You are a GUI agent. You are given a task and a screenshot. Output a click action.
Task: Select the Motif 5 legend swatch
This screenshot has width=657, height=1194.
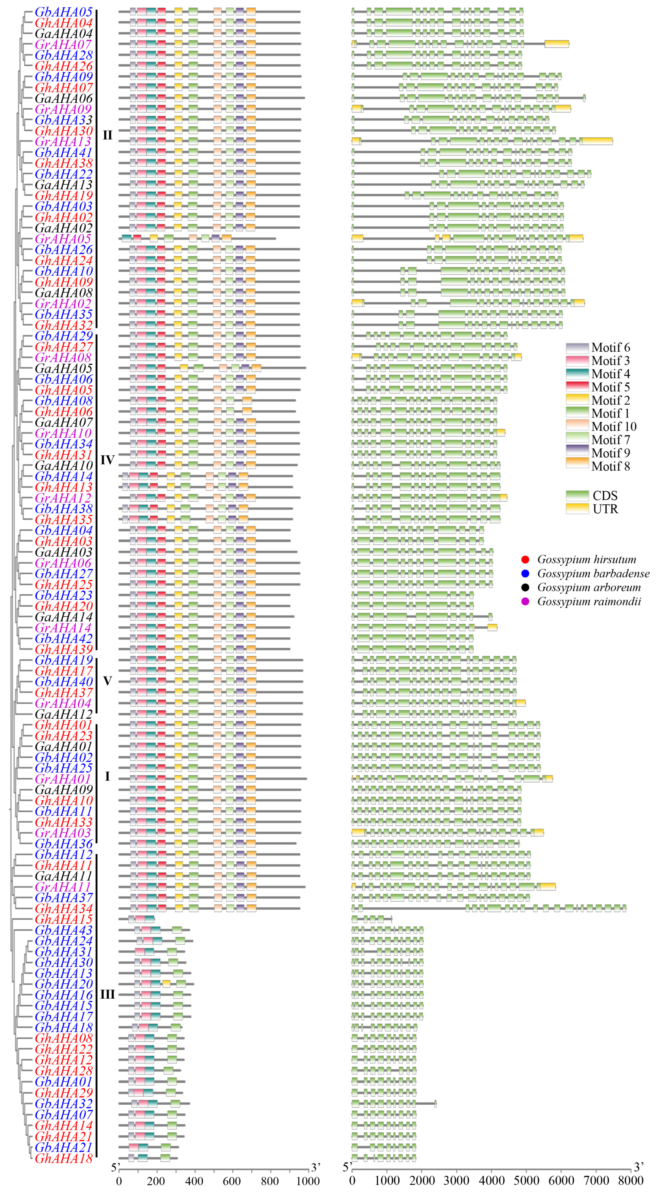577,387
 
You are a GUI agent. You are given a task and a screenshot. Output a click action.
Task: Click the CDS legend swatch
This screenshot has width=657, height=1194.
577,495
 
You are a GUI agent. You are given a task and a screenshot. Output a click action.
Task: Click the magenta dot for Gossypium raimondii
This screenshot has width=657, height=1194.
525,602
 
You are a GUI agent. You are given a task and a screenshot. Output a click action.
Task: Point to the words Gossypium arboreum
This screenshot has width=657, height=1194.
589,588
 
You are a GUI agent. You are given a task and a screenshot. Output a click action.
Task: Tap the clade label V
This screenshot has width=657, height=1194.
107,681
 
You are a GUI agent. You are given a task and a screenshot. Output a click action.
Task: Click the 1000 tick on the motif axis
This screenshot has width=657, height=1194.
308,1181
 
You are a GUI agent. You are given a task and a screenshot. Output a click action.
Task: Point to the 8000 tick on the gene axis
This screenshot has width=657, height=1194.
631,1181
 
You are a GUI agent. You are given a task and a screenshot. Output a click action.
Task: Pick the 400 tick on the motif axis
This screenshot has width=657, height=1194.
194,1181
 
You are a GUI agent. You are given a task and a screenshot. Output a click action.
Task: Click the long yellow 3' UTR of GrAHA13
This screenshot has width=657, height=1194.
597,141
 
